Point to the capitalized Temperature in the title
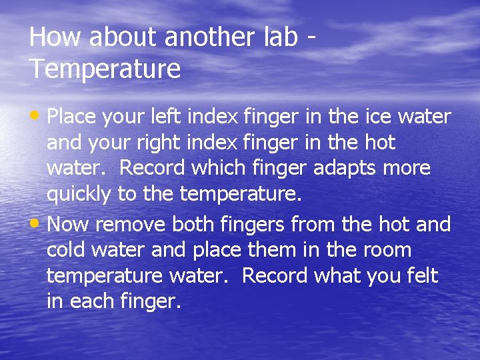point(105,69)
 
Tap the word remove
point(131,225)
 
